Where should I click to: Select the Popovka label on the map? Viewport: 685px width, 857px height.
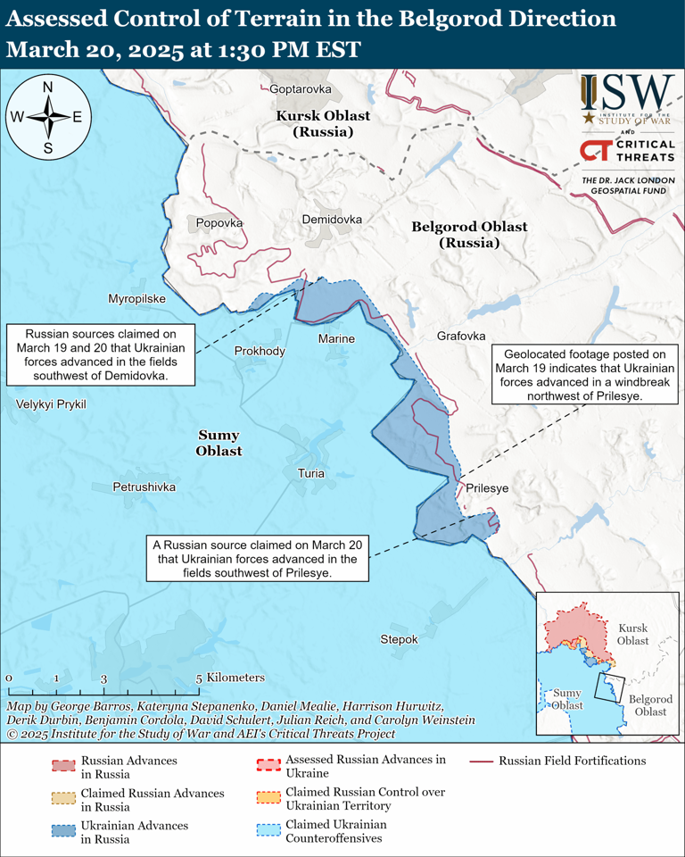(219, 223)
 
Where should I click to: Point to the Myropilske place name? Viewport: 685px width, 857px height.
(136, 298)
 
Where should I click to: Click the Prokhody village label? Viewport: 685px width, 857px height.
(260, 351)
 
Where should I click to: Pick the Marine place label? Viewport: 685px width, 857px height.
(336, 338)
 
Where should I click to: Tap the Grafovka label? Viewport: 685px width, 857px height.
(461, 336)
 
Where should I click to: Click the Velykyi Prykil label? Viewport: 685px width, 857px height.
(51, 404)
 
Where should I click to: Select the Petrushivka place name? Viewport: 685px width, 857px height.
(144, 487)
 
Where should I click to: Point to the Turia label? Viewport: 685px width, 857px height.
(311, 473)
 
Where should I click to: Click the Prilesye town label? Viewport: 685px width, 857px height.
(487, 488)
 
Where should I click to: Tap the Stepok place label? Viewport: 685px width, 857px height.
(399, 639)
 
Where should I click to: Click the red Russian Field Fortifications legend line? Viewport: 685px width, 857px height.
(482, 761)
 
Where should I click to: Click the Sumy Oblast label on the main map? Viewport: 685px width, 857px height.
(219, 443)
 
